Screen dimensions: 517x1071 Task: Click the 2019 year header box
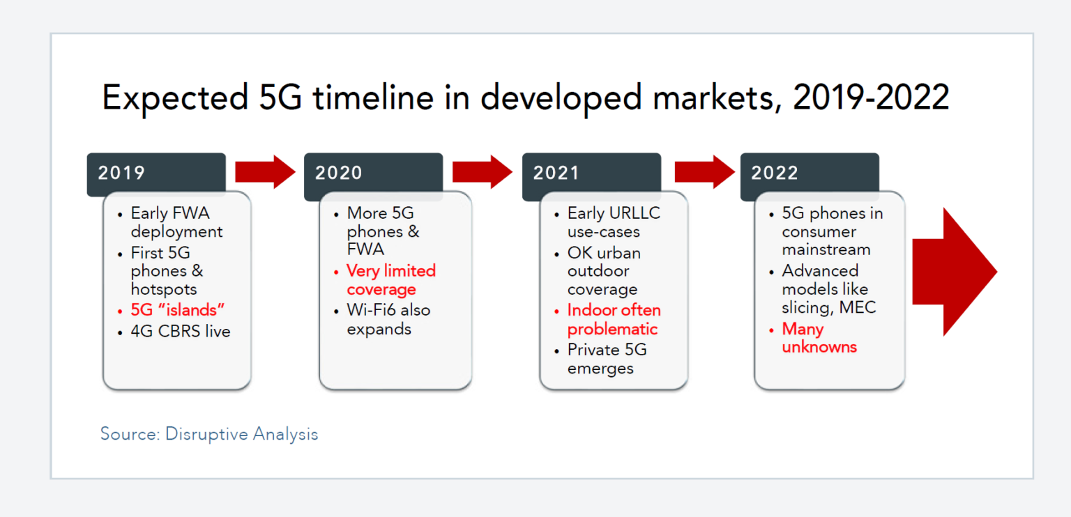coord(155,173)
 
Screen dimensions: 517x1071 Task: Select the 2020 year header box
coord(373,173)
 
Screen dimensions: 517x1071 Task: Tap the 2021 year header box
coord(591,173)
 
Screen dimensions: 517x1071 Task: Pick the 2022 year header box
coord(809,173)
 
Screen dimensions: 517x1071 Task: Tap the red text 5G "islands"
coord(178,310)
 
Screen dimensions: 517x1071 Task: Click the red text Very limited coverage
coord(390,280)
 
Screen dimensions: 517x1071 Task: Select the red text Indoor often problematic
coord(614,320)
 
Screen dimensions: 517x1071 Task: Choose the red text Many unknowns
coord(819,338)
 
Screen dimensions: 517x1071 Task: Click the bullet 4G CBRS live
coord(180,332)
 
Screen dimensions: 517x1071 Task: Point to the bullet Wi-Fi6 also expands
coord(388,319)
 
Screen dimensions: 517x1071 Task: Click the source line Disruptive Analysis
coord(209,434)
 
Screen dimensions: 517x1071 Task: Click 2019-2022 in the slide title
coord(871,98)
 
